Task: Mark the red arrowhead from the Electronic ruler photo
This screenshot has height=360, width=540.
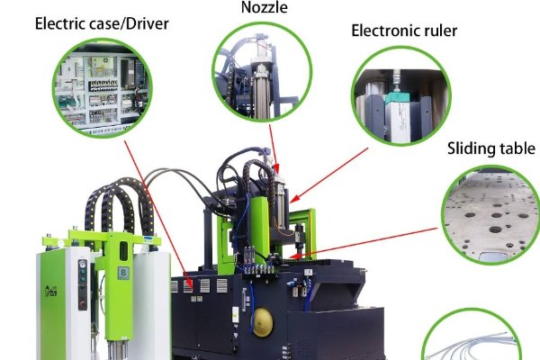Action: pyautogui.click(x=291, y=198)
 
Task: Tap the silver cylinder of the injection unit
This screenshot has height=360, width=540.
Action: pyautogui.click(x=280, y=202)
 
